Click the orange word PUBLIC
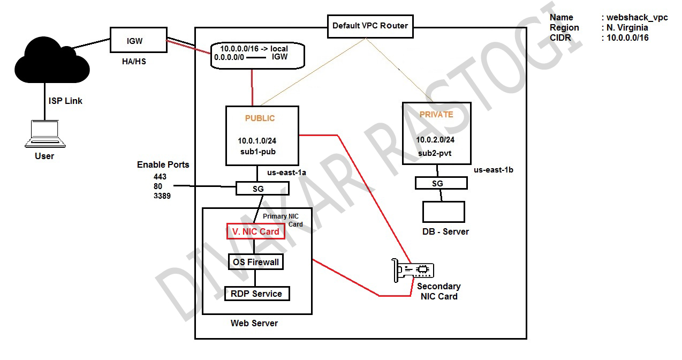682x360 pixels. pos(260,118)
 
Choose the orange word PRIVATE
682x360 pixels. pos(436,115)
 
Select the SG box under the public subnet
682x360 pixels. pos(262,189)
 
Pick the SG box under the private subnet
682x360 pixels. pos(441,183)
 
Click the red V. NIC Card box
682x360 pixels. pos(255,231)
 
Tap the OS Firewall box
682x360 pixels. pos(255,262)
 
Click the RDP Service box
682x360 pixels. pos(256,294)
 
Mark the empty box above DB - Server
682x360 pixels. pos(443,212)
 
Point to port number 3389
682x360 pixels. pos(162,196)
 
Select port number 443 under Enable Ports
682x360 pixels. pos(160,177)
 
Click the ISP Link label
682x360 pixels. pos(65,101)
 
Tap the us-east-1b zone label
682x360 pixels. pos(494,170)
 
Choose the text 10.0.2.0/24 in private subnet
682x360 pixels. pos(435,140)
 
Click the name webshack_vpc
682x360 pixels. pos(637,18)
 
